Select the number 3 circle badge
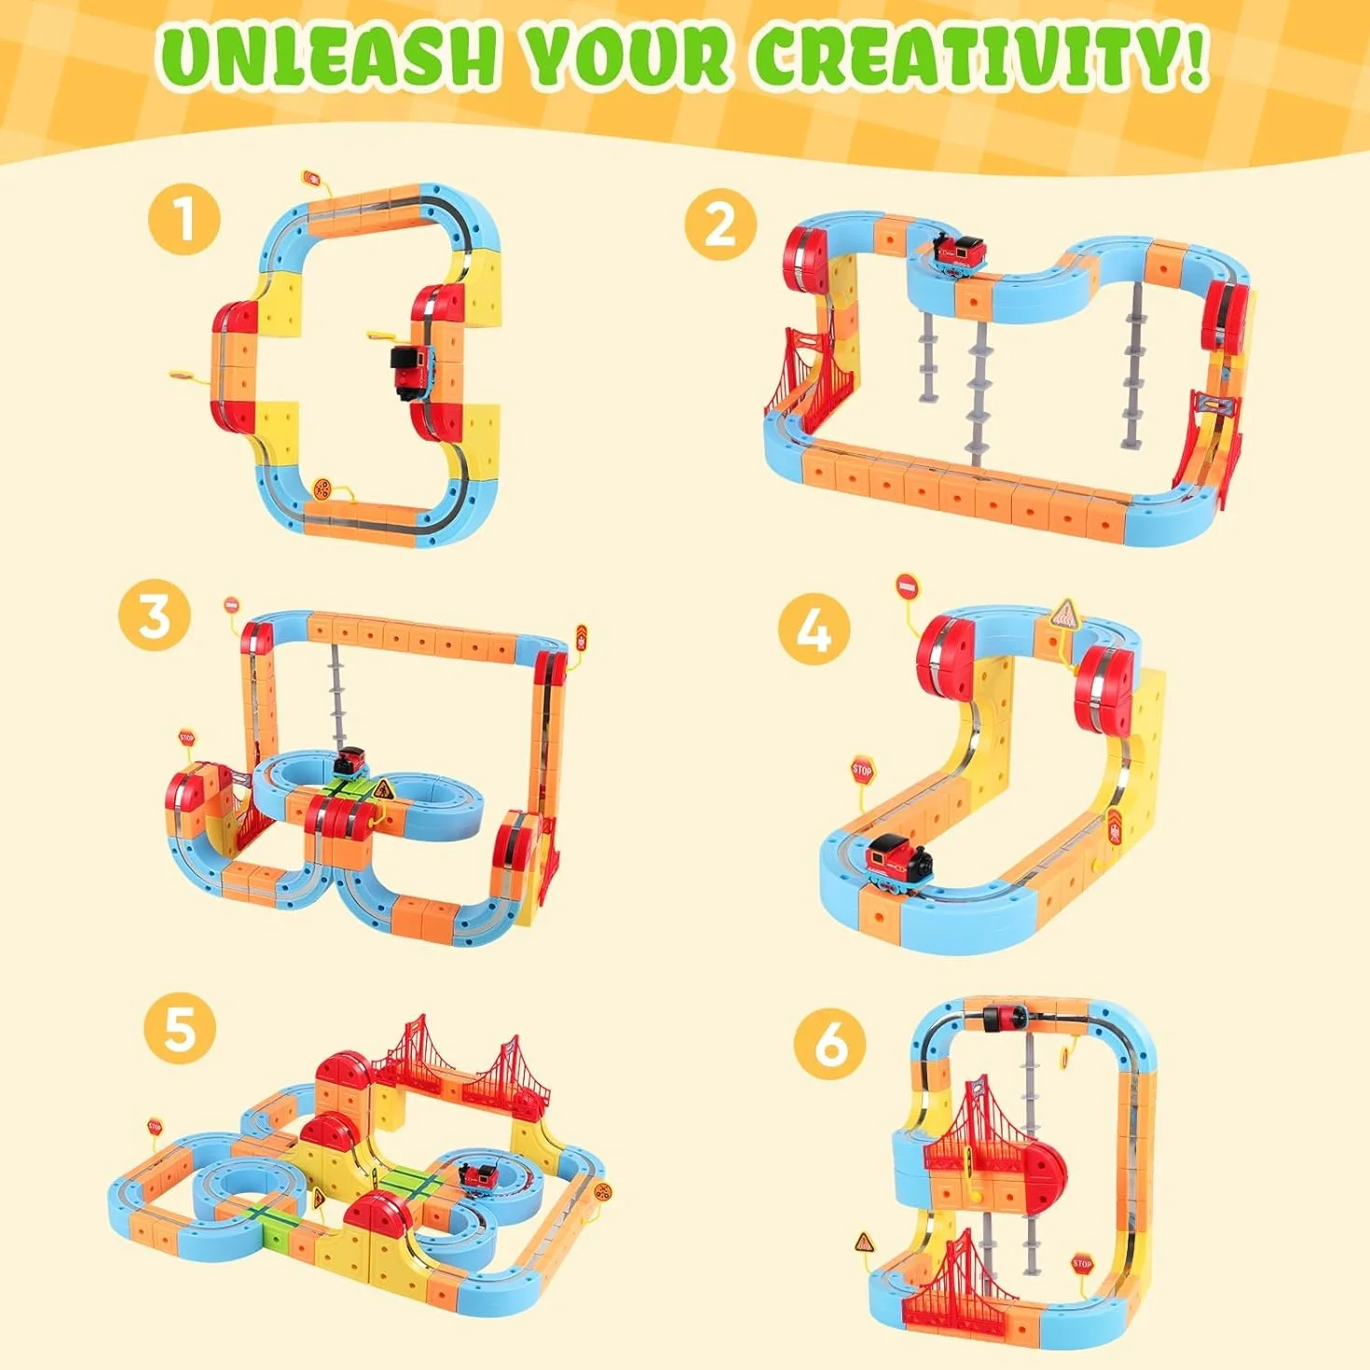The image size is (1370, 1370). click(156, 613)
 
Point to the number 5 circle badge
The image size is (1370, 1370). click(180, 1029)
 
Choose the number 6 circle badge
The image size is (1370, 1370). click(831, 1044)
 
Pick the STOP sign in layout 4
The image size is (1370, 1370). click(862, 769)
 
